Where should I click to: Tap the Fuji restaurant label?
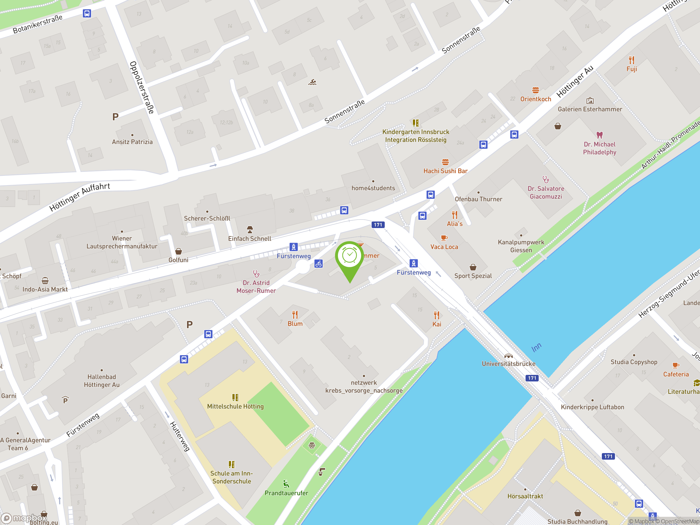click(x=631, y=69)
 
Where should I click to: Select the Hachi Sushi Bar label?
click(x=445, y=171)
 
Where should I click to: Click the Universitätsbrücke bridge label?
click(x=508, y=364)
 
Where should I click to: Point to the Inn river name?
click(x=536, y=348)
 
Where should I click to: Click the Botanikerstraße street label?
click(x=38, y=24)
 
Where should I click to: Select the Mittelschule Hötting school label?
click(x=235, y=406)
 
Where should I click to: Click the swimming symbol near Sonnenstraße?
click(x=312, y=83)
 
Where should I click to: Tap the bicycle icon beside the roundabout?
click(x=318, y=264)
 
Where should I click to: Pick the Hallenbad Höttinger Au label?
click(x=102, y=381)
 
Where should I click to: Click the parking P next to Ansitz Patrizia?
click(x=115, y=117)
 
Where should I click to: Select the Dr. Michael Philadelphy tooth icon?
click(x=599, y=135)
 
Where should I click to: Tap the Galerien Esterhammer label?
click(x=590, y=109)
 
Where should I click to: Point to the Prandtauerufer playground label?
click(x=286, y=493)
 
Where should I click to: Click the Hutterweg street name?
click(x=180, y=436)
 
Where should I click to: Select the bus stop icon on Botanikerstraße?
click(x=87, y=13)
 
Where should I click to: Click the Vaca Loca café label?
click(x=444, y=247)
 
